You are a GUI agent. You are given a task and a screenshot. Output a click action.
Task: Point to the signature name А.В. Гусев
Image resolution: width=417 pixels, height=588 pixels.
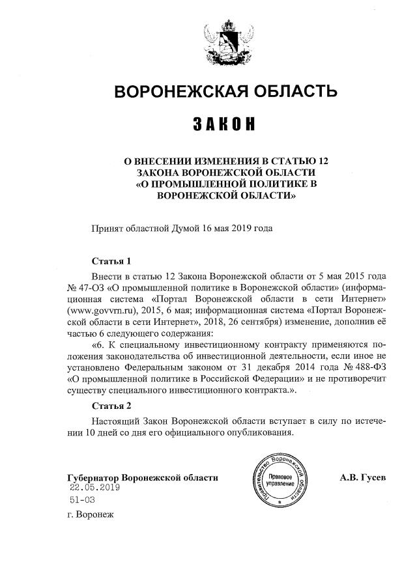363,477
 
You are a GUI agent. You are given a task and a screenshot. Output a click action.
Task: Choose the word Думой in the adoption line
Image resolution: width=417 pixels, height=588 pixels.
186,228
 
